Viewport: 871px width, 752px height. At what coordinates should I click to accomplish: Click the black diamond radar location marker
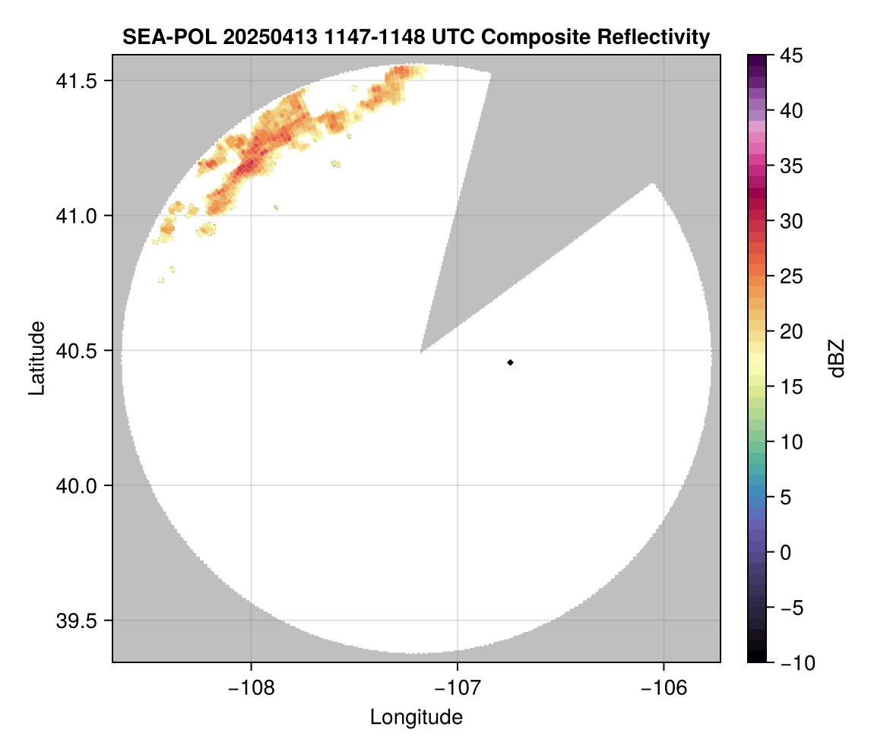pyautogui.click(x=511, y=362)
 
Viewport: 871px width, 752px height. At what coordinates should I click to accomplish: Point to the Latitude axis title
pyautogui.click(x=36, y=358)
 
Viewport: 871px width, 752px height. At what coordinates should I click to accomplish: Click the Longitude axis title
pyautogui.click(x=416, y=717)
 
